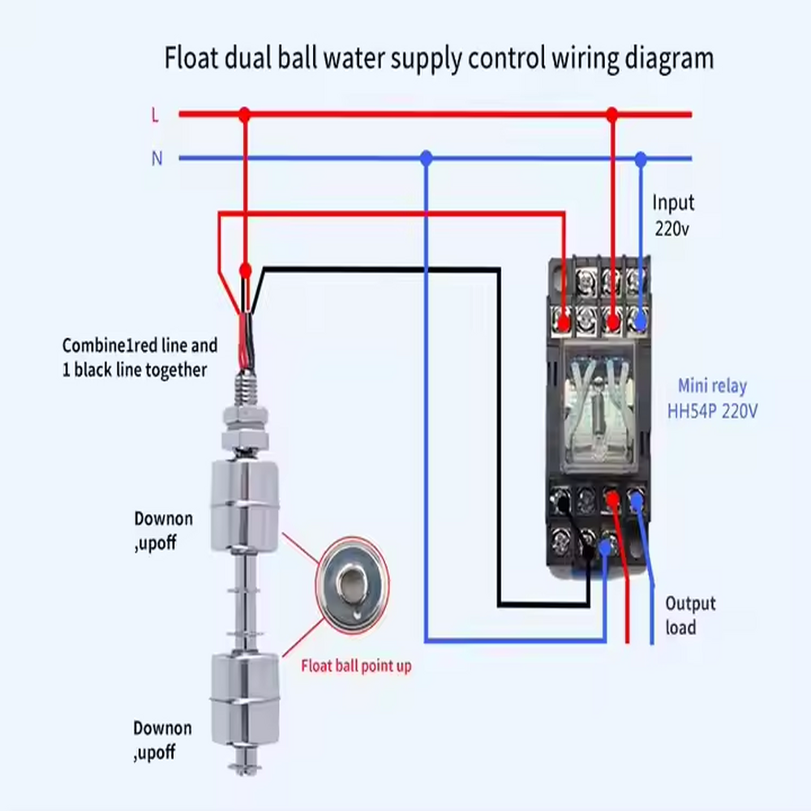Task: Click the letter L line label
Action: coord(155,115)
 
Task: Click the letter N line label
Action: coord(157,159)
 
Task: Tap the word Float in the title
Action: coord(194,59)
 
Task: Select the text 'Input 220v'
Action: coord(673,216)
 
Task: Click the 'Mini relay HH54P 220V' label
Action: coord(712,398)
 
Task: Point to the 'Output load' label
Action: coord(690,616)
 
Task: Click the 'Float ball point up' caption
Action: coord(356,667)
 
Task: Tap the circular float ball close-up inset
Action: coord(352,585)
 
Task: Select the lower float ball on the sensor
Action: coord(245,697)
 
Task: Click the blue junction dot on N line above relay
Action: coord(642,158)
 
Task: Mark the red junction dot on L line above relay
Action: coord(612,114)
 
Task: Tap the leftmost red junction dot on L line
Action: coord(245,114)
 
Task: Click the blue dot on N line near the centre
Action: coord(427,158)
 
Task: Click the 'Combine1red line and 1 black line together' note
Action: coord(140,358)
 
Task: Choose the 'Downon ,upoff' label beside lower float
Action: coord(162,740)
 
